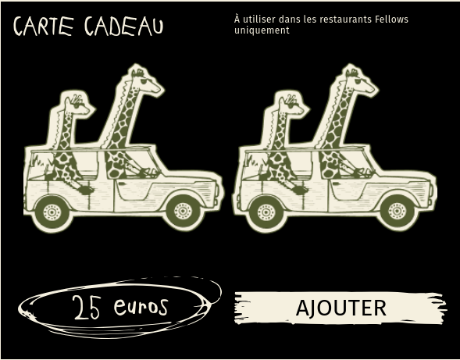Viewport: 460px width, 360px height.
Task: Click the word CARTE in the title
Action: pos(44,26)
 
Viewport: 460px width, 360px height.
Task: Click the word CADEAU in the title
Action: pos(124,26)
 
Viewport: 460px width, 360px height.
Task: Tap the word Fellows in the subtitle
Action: pos(391,20)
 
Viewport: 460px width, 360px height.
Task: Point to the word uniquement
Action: pos(262,30)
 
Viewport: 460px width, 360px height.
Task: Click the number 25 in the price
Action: pos(87,307)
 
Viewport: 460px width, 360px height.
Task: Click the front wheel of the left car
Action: pos(183,211)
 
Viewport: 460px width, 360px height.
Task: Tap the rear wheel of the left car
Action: pos(52,212)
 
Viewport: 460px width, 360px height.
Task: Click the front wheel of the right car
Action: pos(397,211)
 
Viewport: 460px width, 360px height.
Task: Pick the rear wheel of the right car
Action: pos(266,212)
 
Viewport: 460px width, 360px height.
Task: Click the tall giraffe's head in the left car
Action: pos(145,80)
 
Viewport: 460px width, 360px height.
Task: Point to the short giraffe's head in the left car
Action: pos(78,105)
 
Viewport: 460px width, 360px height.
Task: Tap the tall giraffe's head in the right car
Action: pos(360,80)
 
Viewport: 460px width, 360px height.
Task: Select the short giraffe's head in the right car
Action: pos(292,105)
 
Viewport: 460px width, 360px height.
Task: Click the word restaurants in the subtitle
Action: pos(346,20)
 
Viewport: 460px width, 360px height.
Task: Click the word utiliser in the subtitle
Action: pos(259,20)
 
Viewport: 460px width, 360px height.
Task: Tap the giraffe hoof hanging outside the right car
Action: pos(300,191)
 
